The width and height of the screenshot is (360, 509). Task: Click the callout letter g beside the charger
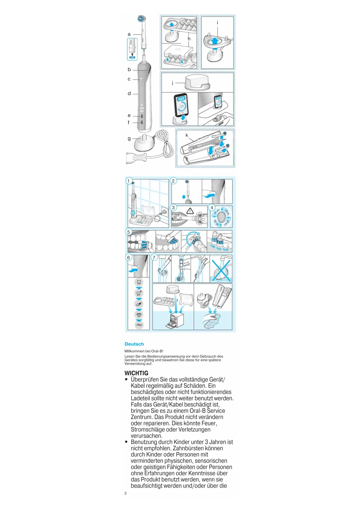129,138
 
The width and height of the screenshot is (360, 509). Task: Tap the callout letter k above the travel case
187,135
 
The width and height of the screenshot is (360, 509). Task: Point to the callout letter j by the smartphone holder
173,83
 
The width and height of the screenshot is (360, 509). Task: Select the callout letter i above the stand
217,23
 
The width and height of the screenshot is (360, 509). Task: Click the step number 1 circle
129,181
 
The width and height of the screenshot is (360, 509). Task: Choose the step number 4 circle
212,207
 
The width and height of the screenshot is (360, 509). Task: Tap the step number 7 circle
154,257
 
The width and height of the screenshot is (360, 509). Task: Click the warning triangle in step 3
190,211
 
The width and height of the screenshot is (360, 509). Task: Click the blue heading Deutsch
134,344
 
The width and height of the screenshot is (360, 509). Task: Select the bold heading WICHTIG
136,373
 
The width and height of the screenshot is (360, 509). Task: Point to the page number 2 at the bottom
126,493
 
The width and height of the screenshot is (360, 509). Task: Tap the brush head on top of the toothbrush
141,19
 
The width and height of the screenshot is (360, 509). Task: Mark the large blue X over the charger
221,270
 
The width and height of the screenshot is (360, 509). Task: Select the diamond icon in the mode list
139,315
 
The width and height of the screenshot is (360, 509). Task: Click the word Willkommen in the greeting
134,351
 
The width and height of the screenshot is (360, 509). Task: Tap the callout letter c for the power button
129,79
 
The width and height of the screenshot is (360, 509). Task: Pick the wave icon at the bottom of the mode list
139,325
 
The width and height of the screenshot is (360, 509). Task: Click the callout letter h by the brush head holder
189,39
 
